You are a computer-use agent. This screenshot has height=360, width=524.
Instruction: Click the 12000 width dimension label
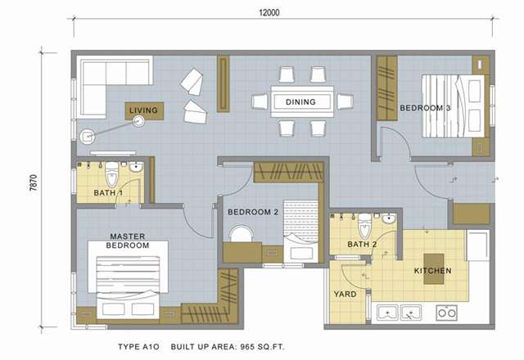[269, 13]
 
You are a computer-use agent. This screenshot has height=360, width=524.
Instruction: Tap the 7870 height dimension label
[34, 182]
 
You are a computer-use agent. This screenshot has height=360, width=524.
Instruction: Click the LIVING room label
[144, 110]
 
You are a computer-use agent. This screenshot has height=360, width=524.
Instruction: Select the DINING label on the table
[300, 101]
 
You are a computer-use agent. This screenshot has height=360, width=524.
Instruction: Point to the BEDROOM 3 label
[425, 108]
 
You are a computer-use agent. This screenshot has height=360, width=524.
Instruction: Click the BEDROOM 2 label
[253, 212]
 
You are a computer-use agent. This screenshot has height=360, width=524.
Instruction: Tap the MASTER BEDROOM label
[128, 241]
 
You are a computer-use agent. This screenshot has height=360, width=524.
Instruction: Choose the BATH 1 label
[108, 193]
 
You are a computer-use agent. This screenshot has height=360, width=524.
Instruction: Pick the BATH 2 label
[362, 245]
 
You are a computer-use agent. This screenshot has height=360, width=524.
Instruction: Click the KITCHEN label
[433, 271]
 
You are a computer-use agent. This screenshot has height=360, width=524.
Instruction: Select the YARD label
[346, 295]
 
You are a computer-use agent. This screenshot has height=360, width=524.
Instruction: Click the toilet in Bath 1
[111, 174]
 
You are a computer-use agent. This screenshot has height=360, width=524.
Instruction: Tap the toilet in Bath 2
[364, 226]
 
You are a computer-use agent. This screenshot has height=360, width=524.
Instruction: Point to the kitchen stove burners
[447, 313]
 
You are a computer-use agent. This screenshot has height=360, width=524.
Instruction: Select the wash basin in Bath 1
[136, 167]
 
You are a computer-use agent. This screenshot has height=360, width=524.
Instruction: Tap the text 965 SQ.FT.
[262, 347]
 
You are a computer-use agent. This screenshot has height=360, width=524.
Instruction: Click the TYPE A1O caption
[138, 347]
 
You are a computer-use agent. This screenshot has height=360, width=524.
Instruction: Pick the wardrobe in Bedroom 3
[387, 88]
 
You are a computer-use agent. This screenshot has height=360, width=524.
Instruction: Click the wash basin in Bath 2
[389, 219]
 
